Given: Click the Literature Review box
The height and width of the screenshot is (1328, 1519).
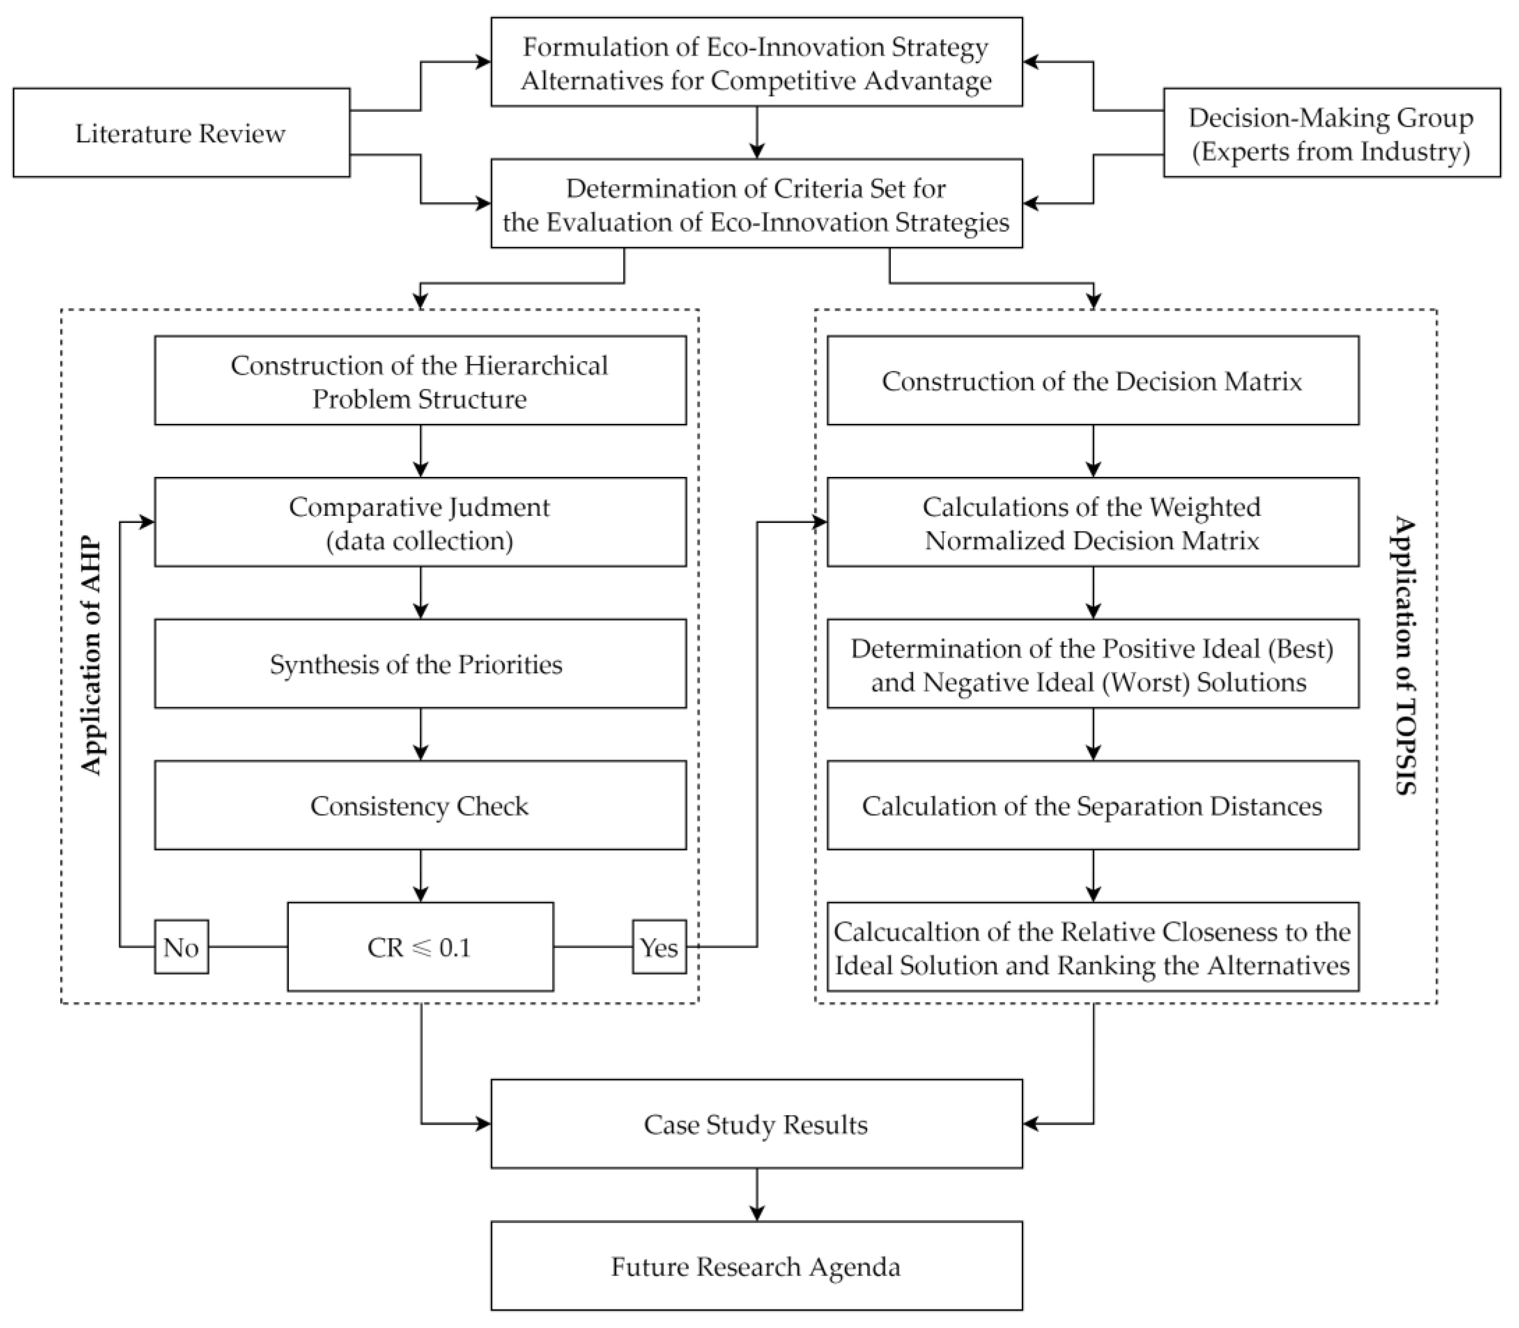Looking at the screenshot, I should (x=181, y=133).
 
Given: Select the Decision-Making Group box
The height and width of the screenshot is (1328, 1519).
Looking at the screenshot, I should (x=1331, y=133).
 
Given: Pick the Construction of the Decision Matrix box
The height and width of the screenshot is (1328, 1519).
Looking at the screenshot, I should (x=1092, y=380).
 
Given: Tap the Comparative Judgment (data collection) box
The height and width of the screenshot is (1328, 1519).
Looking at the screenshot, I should (x=420, y=522).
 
